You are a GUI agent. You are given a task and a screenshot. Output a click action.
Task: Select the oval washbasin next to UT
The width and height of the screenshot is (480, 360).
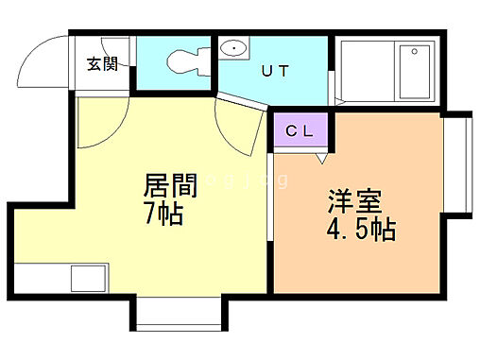[231, 48]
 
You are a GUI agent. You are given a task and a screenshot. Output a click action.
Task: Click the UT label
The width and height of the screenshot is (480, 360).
[275, 69]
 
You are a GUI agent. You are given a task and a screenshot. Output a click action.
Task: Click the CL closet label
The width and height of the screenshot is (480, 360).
[300, 131]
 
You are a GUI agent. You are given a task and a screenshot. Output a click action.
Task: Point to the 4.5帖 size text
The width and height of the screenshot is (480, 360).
[361, 229]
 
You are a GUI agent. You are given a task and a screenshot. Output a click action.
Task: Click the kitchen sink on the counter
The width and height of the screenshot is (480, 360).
[89, 280]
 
